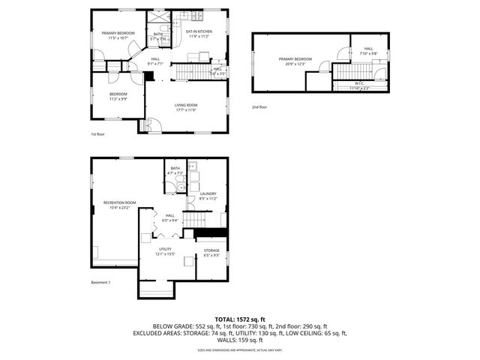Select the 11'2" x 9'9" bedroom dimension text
coord(118,98)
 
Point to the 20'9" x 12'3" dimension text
coord(295,63)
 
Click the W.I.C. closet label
coord(359,83)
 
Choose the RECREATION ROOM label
coord(119,202)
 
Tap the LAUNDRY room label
coord(208,193)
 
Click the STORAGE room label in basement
coord(211,250)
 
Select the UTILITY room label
coord(165,249)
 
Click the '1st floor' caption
coord(97,134)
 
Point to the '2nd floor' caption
coord(259,107)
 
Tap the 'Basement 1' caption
coord(100,282)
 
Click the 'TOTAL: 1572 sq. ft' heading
coord(240,319)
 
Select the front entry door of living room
coord(147,126)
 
